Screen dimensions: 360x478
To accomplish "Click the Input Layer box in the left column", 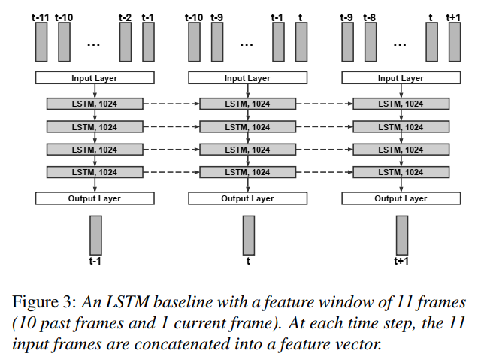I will click(x=95, y=78).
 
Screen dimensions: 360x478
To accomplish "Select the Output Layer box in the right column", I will click(x=400, y=198).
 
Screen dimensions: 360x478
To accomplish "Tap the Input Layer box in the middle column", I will click(x=247, y=78).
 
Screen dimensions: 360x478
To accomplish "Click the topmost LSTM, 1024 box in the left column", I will click(x=95, y=104).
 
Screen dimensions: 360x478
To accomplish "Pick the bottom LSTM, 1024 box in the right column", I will click(x=400, y=172).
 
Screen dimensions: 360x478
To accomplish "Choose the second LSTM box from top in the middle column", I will click(x=247, y=126).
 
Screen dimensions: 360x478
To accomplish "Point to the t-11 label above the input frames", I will click(x=41, y=16).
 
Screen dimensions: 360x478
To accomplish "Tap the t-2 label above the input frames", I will click(x=126, y=16).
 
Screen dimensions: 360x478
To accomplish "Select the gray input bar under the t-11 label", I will click(x=41, y=41).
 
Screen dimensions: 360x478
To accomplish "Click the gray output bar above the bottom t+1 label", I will click(x=402, y=235).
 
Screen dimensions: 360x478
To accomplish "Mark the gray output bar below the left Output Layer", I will click(x=95, y=235).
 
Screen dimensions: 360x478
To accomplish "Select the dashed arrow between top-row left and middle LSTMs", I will click(x=171, y=104).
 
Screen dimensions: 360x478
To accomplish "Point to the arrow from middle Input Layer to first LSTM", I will click(x=248, y=90).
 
